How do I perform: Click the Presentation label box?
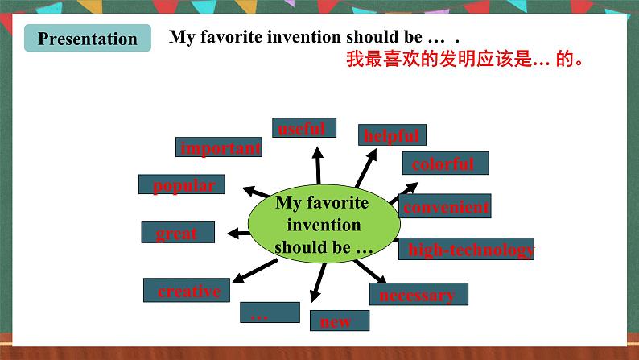pos(88,39)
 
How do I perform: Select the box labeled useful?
pos(304,128)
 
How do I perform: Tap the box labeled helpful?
pos(392,135)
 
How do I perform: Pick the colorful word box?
pos(444,163)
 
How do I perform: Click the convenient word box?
pos(445,206)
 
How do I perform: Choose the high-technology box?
pos(467,250)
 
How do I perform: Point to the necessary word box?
pos(418,294)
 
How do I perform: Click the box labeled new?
pos(340,321)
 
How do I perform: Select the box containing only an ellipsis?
pos(270,312)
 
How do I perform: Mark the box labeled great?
pos(178,232)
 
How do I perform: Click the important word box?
pos(219,147)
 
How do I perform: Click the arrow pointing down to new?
pos(316,282)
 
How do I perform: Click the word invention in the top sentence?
pos(306,38)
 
